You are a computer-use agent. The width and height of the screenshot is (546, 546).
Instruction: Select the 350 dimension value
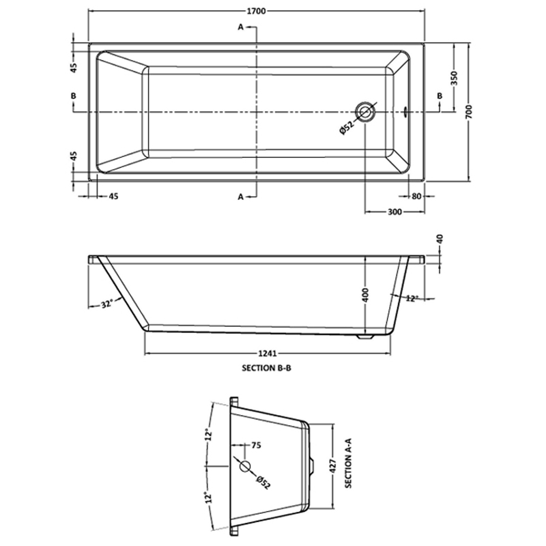tap(452, 78)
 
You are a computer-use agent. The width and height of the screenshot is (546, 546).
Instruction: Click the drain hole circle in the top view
tap(366, 112)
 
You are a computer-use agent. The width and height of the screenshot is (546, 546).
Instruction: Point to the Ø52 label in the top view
tap(346, 127)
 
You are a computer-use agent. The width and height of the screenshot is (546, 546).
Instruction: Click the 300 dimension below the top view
tap(394, 212)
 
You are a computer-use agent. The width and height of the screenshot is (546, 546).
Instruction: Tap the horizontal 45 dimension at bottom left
tap(113, 197)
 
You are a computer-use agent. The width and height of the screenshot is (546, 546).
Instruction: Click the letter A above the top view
tap(241, 27)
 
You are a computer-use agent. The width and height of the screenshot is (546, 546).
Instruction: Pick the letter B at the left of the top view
tap(73, 96)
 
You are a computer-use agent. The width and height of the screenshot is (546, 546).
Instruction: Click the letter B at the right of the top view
tap(440, 96)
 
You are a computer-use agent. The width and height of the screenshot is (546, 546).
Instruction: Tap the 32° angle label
tap(106, 305)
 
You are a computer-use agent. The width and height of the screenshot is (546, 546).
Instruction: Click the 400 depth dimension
tap(365, 295)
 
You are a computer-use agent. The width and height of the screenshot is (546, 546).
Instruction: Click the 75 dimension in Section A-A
tap(256, 446)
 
